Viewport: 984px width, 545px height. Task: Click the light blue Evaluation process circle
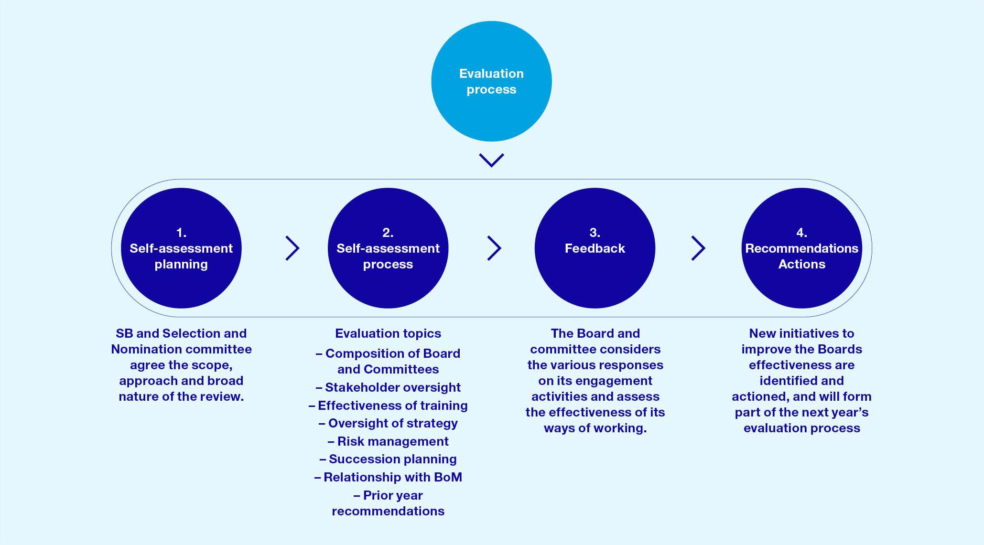[x=491, y=81]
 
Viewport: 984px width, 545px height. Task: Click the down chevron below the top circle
[x=491, y=160]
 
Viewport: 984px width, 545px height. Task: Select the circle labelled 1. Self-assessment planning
[x=181, y=248]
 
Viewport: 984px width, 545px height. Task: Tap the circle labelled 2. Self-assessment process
[x=388, y=248]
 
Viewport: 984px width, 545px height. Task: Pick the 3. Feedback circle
[x=595, y=248]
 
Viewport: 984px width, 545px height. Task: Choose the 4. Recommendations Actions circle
[x=801, y=248]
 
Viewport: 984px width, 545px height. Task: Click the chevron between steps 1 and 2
[x=292, y=248]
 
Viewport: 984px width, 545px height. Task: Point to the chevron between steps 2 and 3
[x=494, y=248]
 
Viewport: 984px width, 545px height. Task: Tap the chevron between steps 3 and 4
[x=698, y=248]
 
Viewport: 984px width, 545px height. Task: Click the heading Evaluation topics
[x=388, y=333]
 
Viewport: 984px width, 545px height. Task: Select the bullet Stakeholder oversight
[x=392, y=387]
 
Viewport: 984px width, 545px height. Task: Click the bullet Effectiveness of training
[x=392, y=406]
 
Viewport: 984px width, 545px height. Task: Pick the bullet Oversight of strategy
[x=392, y=423]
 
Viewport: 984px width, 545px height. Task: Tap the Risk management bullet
[x=392, y=441]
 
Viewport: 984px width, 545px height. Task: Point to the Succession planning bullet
[x=392, y=459]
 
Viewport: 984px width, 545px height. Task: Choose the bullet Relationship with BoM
[x=392, y=477]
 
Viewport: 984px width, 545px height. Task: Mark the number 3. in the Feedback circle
[x=595, y=233]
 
